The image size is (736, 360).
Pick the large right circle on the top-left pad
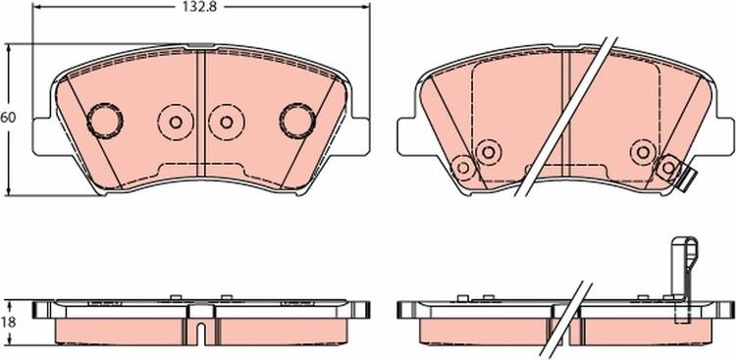pyautogui.click(x=295, y=120)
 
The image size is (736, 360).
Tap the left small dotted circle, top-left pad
pyautogui.click(x=176, y=122)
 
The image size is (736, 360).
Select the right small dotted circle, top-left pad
pyautogui.click(x=226, y=122)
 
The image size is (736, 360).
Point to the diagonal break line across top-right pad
pyautogui.click(x=569, y=118)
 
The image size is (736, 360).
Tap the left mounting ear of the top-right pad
pyautogui.click(x=407, y=134)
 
